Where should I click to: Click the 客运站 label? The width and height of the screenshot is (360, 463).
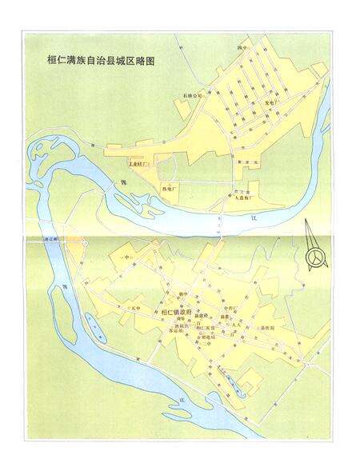(176, 330)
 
